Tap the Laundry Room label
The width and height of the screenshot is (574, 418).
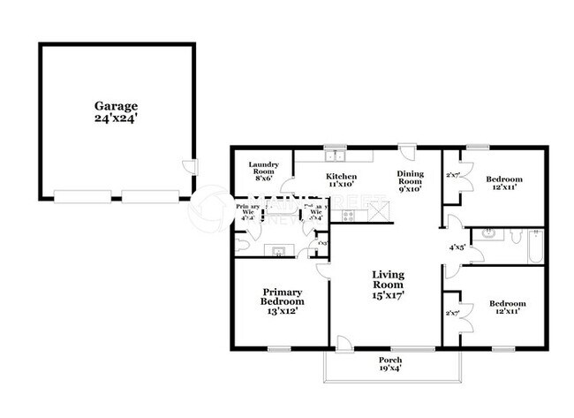pos(264,171)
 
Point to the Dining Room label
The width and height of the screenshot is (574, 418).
pos(411,180)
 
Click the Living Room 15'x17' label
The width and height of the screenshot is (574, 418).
pos(387,285)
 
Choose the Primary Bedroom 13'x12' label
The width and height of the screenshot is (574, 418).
pos(282,301)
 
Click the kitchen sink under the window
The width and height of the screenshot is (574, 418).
pos(335,157)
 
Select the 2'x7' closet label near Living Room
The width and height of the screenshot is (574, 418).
pos(452,313)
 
